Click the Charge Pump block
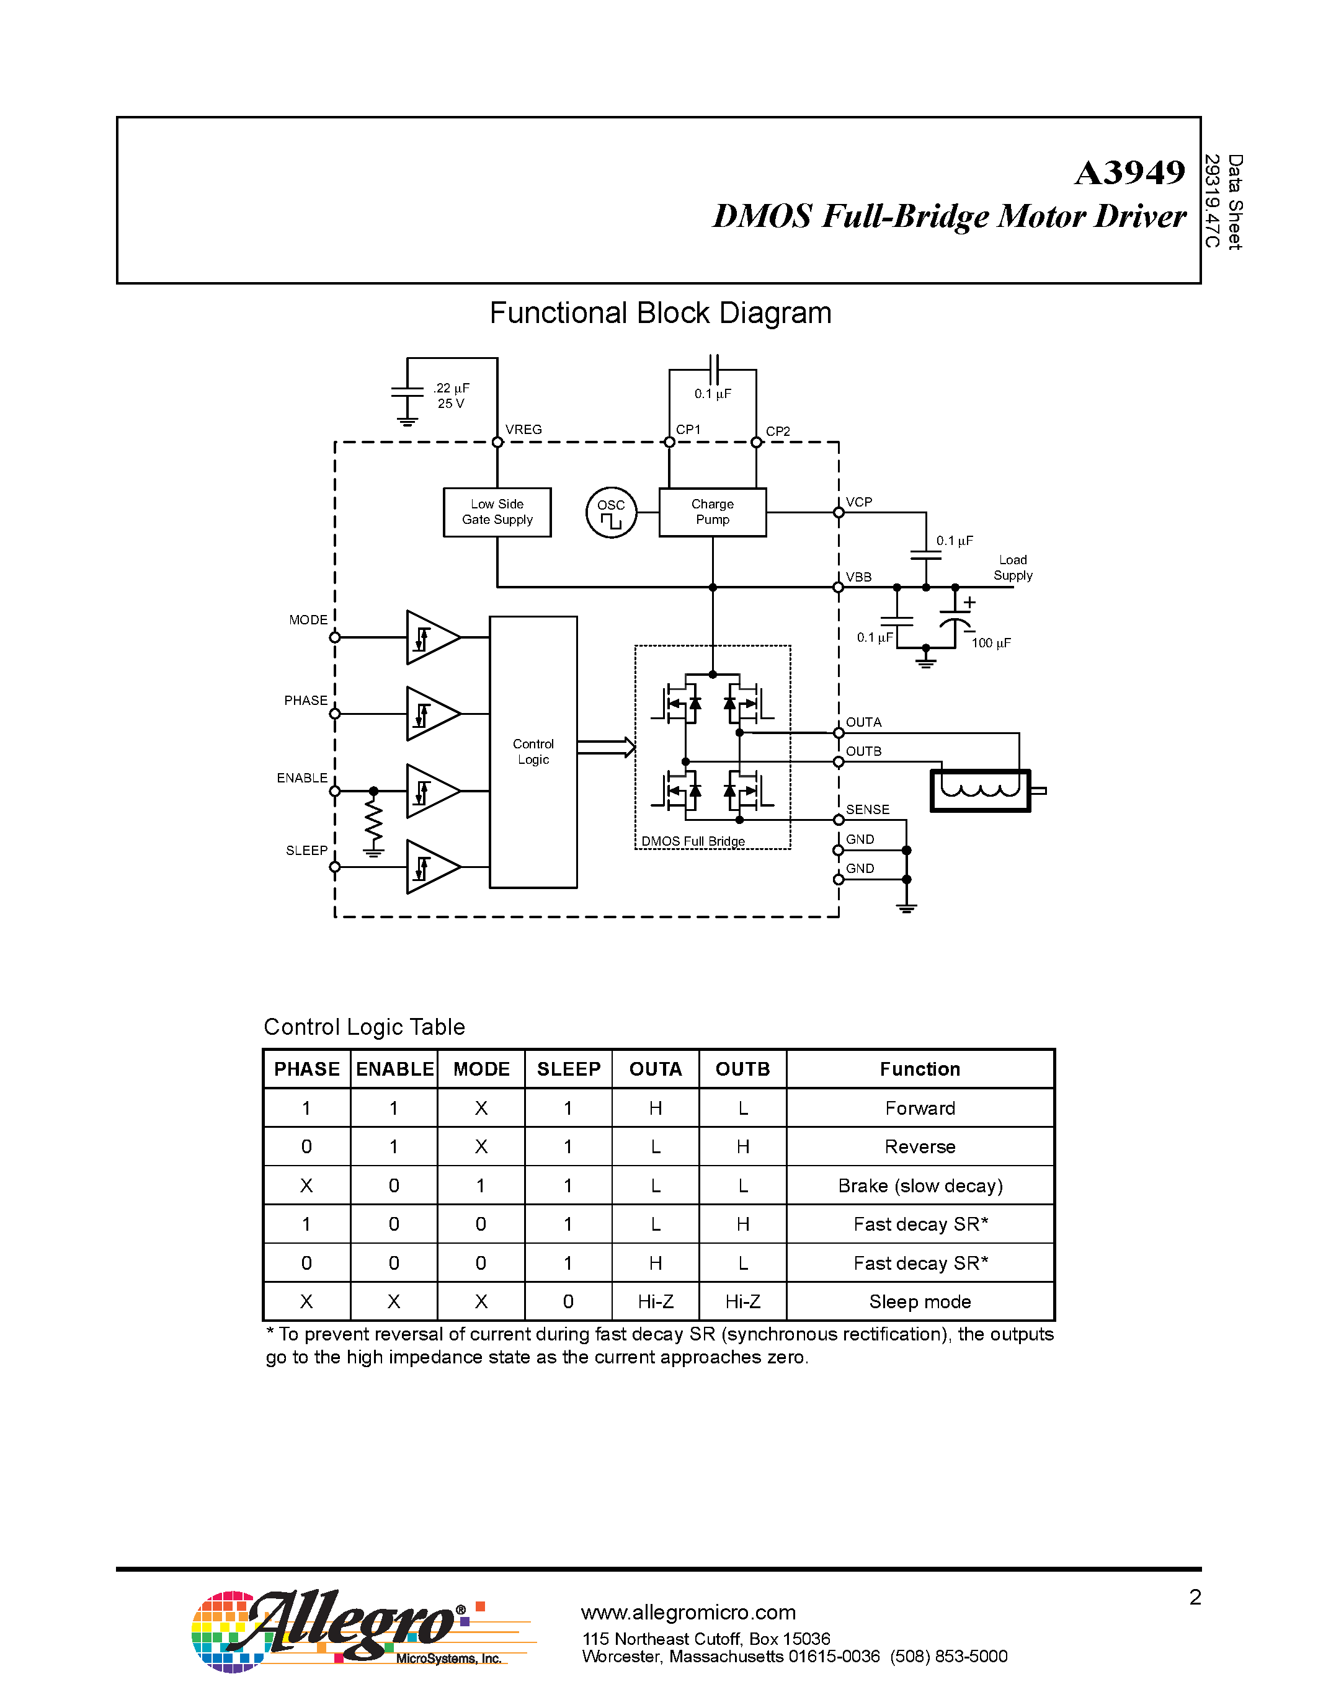712,512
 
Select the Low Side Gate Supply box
497,512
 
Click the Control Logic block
533,752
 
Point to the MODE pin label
308,620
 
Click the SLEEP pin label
306,850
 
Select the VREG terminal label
523,430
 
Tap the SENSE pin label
868,810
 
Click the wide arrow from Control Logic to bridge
606,747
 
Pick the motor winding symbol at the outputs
981,790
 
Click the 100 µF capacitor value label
991,642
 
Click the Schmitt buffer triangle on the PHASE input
431,714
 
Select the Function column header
920,1069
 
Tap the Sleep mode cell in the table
920,1301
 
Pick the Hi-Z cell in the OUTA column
655,1301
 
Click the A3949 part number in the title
1129,172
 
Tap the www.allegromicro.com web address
688,1612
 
